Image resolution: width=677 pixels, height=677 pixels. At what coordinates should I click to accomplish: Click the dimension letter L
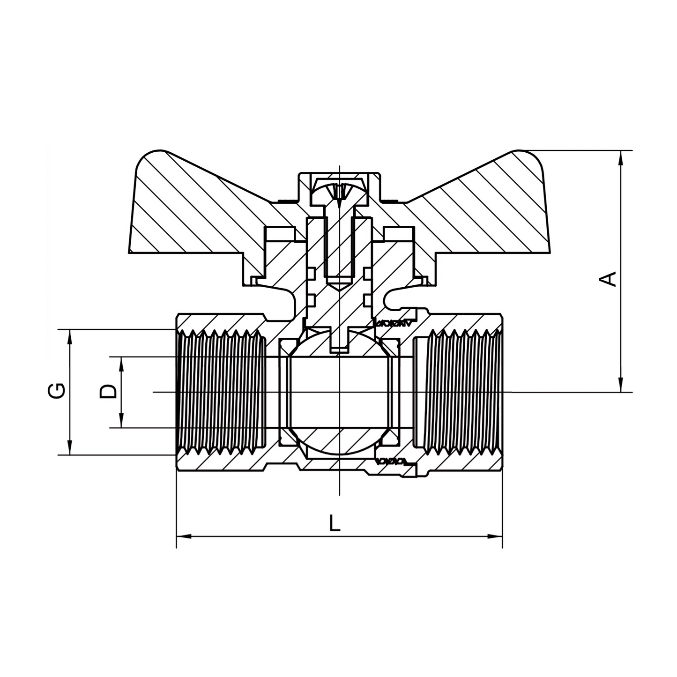pyautogui.click(x=334, y=523)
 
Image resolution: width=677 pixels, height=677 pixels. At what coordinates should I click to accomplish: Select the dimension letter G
pyautogui.click(x=56, y=391)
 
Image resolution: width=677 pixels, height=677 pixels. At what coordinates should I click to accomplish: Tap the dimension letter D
pyautogui.click(x=108, y=391)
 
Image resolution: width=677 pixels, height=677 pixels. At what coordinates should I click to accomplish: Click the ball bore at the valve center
pyautogui.click(x=338, y=392)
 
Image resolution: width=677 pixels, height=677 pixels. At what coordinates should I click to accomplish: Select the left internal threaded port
pyautogui.click(x=220, y=392)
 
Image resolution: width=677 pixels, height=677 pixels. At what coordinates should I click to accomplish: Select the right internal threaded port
pyautogui.click(x=459, y=392)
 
